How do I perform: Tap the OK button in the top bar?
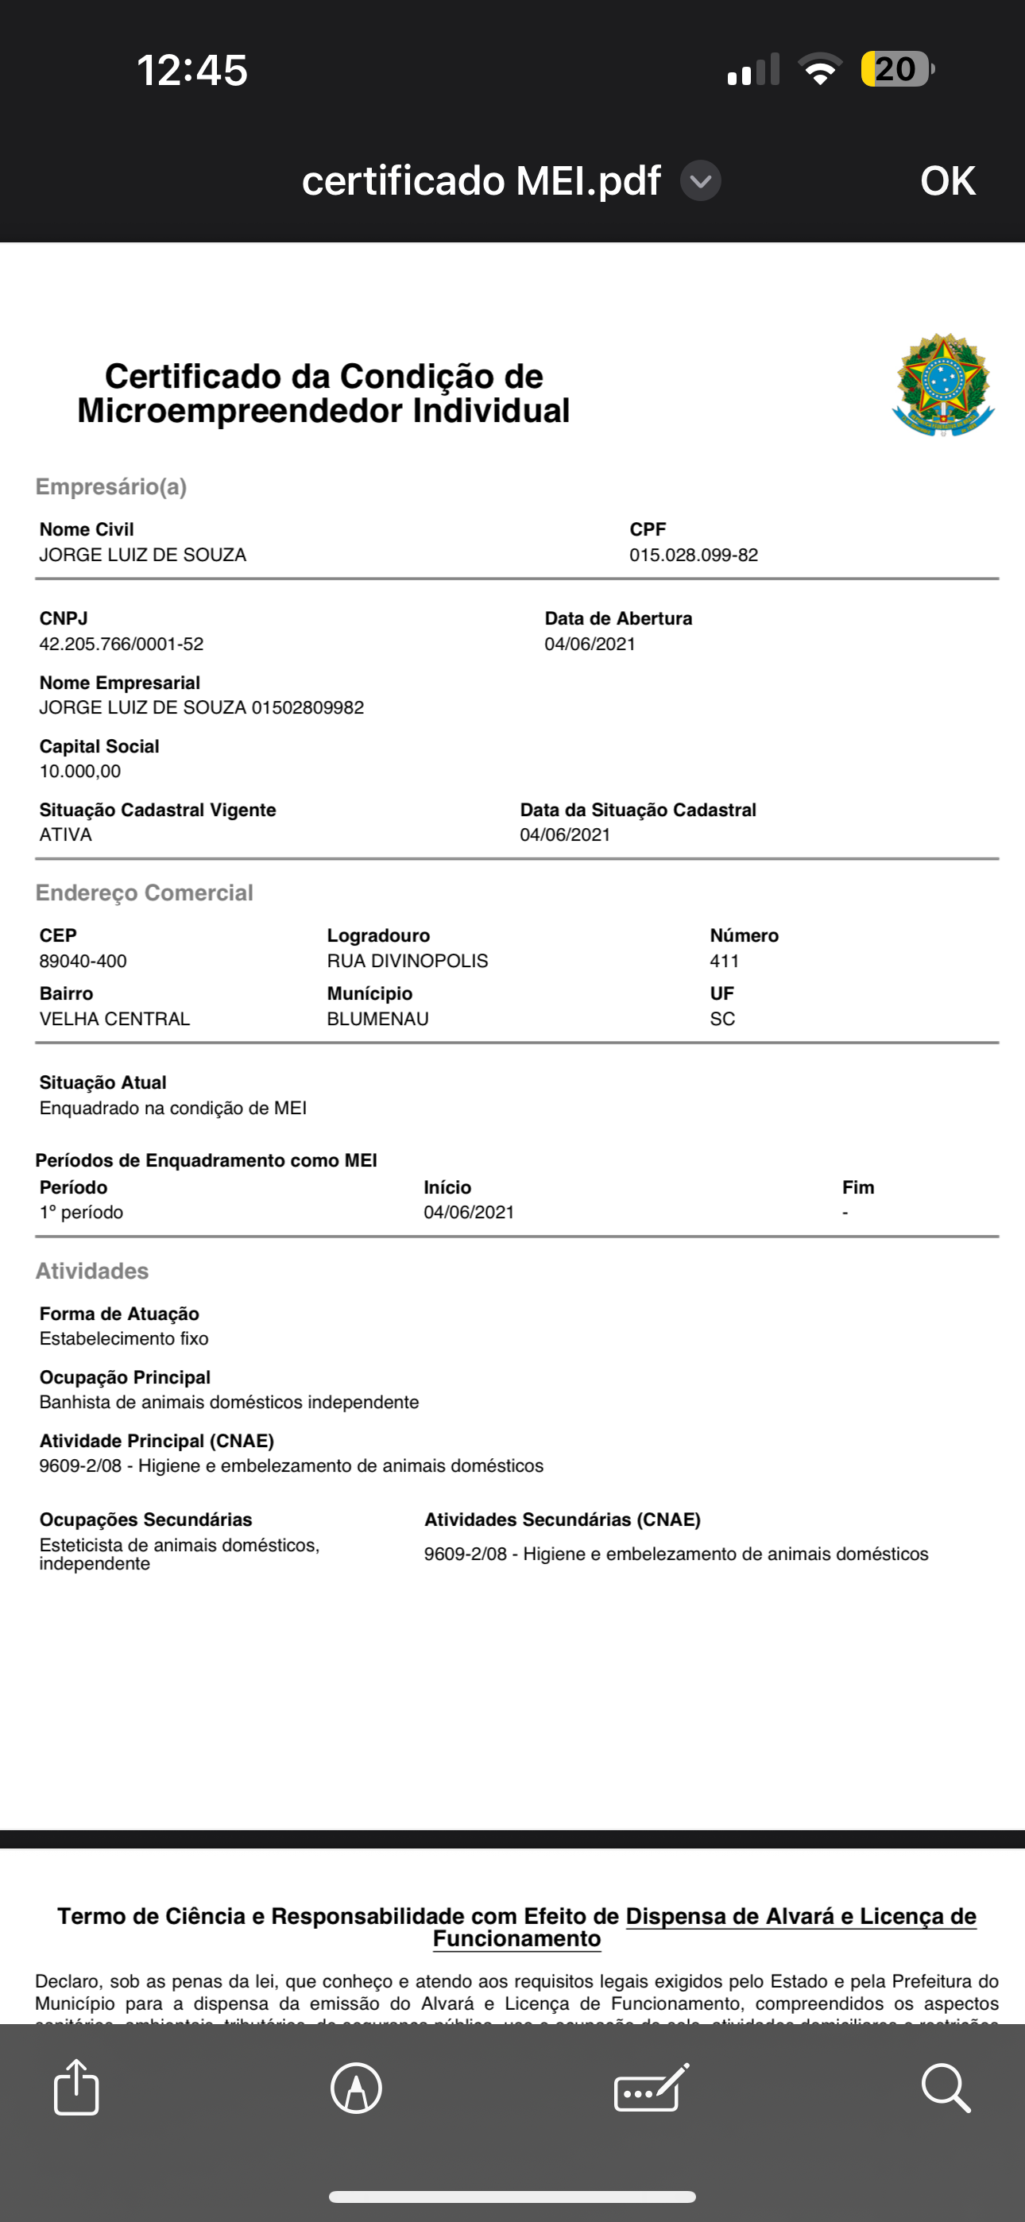(x=947, y=181)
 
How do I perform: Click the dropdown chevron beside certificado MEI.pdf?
(x=701, y=181)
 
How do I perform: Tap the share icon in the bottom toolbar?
(x=76, y=2088)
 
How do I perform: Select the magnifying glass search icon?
(x=946, y=2088)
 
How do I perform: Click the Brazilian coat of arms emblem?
(x=943, y=385)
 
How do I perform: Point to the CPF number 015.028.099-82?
(x=693, y=555)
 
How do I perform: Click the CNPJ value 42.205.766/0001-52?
(x=122, y=644)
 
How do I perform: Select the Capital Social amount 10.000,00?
(x=80, y=771)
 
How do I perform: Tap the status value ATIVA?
(x=66, y=834)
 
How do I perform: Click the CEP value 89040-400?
(x=83, y=961)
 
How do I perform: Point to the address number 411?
(x=724, y=961)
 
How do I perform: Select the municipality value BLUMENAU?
(x=378, y=1019)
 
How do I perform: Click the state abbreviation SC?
(x=722, y=1019)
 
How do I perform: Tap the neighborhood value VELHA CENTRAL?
(x=114, y=1019)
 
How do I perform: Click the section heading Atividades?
(x=92, y=1271)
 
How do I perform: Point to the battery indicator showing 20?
(x=897, y=69)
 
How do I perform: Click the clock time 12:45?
(x=192, y=70)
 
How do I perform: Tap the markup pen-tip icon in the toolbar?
(x=356, y=2088)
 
